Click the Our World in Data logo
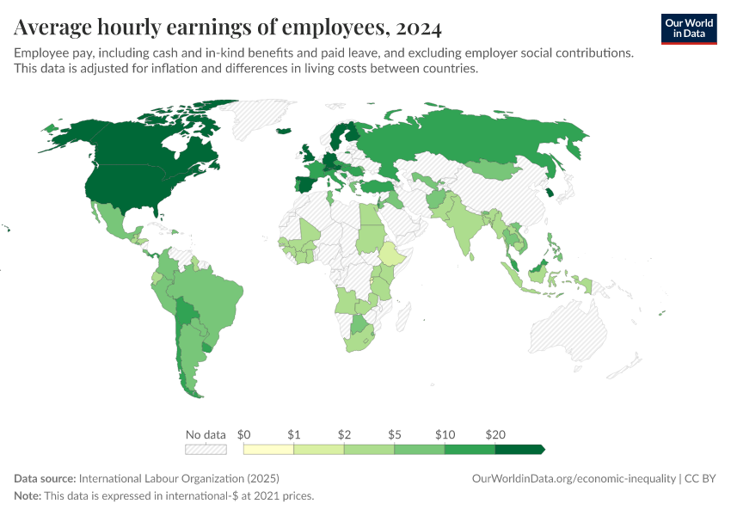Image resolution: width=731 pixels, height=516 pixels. pyautogui.click(x=689, y=28)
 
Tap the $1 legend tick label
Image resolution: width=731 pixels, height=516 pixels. pyautogui.click(x=293, y=434)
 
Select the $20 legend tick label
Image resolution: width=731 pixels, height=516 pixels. pyautogui.click(x=494, y=434)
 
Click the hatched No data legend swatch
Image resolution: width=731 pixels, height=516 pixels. pyautogui.click(x=206, y=449)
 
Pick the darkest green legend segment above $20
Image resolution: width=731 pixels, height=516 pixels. pyautogui.click(x=519, y=449)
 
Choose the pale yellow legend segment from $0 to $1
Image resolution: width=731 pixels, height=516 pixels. pyautogui.click(x=268, y=449)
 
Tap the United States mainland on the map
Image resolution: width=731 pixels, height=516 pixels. pyautogui.click(x=129, y=185)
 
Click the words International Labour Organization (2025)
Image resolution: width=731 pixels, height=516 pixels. pyautogui.click(x=179, y=478)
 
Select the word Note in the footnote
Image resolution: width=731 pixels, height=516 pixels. pyautogui.click(x=28, y=496)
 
